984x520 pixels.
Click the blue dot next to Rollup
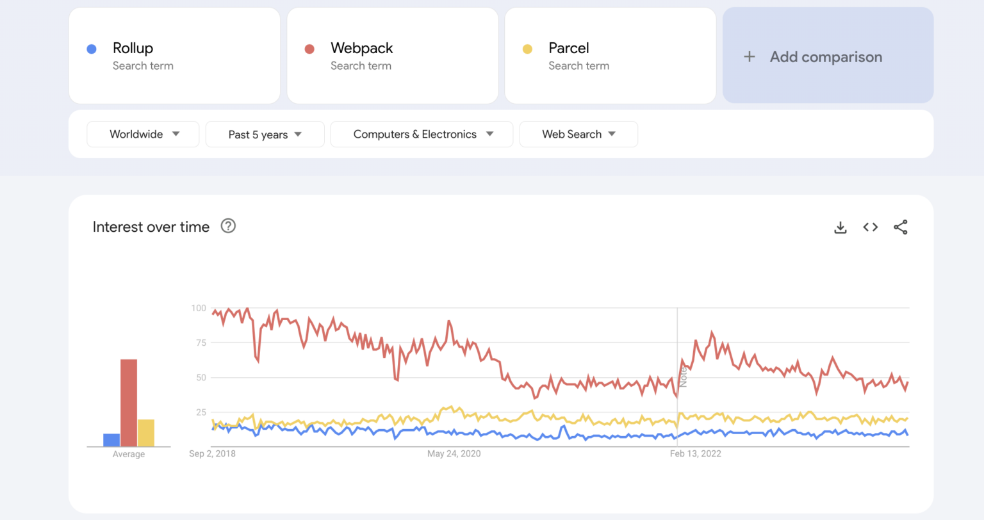click(x=92, y=49)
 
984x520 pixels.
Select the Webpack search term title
click(x=361, y=48)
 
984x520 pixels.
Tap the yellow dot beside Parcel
click(x=527, y=49)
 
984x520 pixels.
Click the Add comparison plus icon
click(x=749, y=57)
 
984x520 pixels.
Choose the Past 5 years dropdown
click(x=265, y=134)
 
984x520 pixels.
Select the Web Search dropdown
click(x=578, y=134)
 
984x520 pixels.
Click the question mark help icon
click(x=228, y=226)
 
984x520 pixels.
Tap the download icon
click(x=840, y=227)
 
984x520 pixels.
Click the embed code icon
click(x=870, y=227)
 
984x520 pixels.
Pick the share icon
click(x=901, y=227)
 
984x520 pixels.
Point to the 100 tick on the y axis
click(x=199, y=308)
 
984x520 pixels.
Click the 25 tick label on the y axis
click(x=201, y=412)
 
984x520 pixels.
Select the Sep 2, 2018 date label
click(x=212, y=454)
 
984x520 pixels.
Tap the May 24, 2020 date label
click(x=454, y=454)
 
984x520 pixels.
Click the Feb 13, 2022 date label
click(x=695, y=454)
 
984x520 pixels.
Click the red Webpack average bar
click(x=129, y=403)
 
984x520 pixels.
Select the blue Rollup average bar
click(x=111, y=440)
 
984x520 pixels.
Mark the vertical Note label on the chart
click(x=684, y=377)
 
